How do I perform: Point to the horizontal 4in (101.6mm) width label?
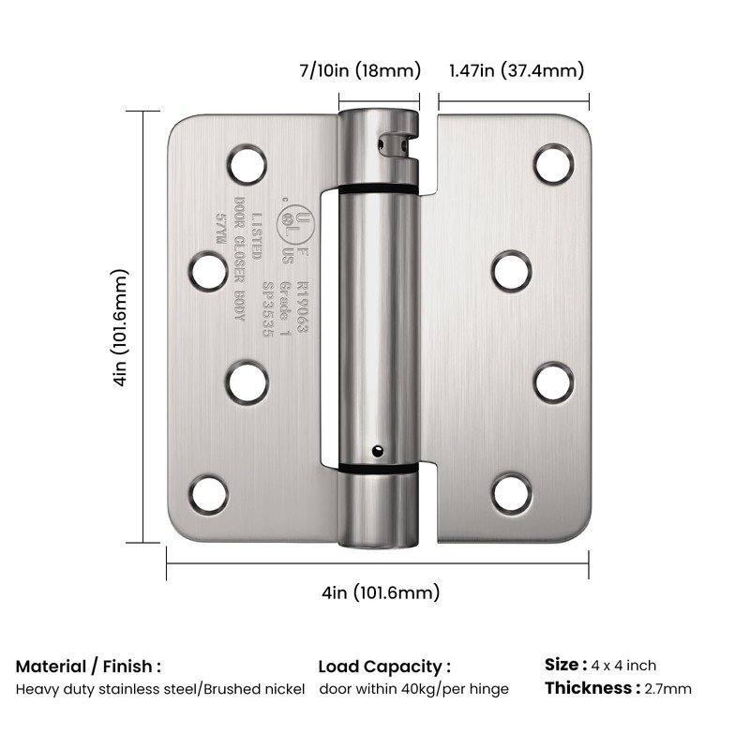[x=380, y=592]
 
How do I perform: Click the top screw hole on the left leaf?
[x=246, y=164]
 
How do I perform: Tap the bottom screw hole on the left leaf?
[x=208, y=494]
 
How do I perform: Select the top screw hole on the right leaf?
[x=553, y=164]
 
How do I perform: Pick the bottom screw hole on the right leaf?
[x=512, y=494]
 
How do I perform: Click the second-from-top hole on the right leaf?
[x=512, y=272]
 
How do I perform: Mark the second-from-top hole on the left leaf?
[x=208, y=272]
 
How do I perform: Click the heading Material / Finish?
[x=88, y=667]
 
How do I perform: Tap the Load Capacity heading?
[x=384, y=667]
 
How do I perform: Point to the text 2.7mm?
[x=667, y=689]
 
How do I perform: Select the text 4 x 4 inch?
[x=624, y=666]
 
